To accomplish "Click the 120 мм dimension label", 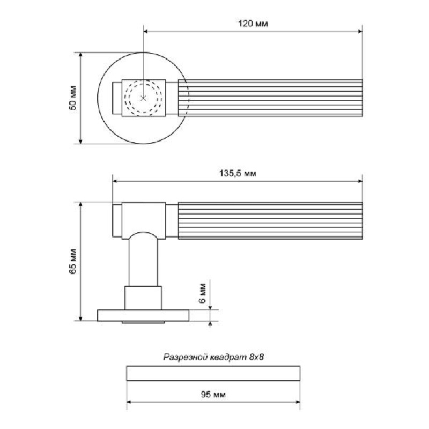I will click(x=252, y=24).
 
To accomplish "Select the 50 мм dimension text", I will click(x=73, y=98).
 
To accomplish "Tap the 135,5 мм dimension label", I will click(x=238, y=173).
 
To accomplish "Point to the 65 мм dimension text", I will click(x=73, y=261).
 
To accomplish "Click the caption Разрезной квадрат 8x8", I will click(x=213, y=357).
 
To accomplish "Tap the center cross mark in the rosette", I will click(x=143, y=98).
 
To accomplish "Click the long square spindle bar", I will click(x=213, y=373).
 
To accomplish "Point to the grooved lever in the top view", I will click(x=273, y=98).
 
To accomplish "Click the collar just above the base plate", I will click(x=143, y=298).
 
